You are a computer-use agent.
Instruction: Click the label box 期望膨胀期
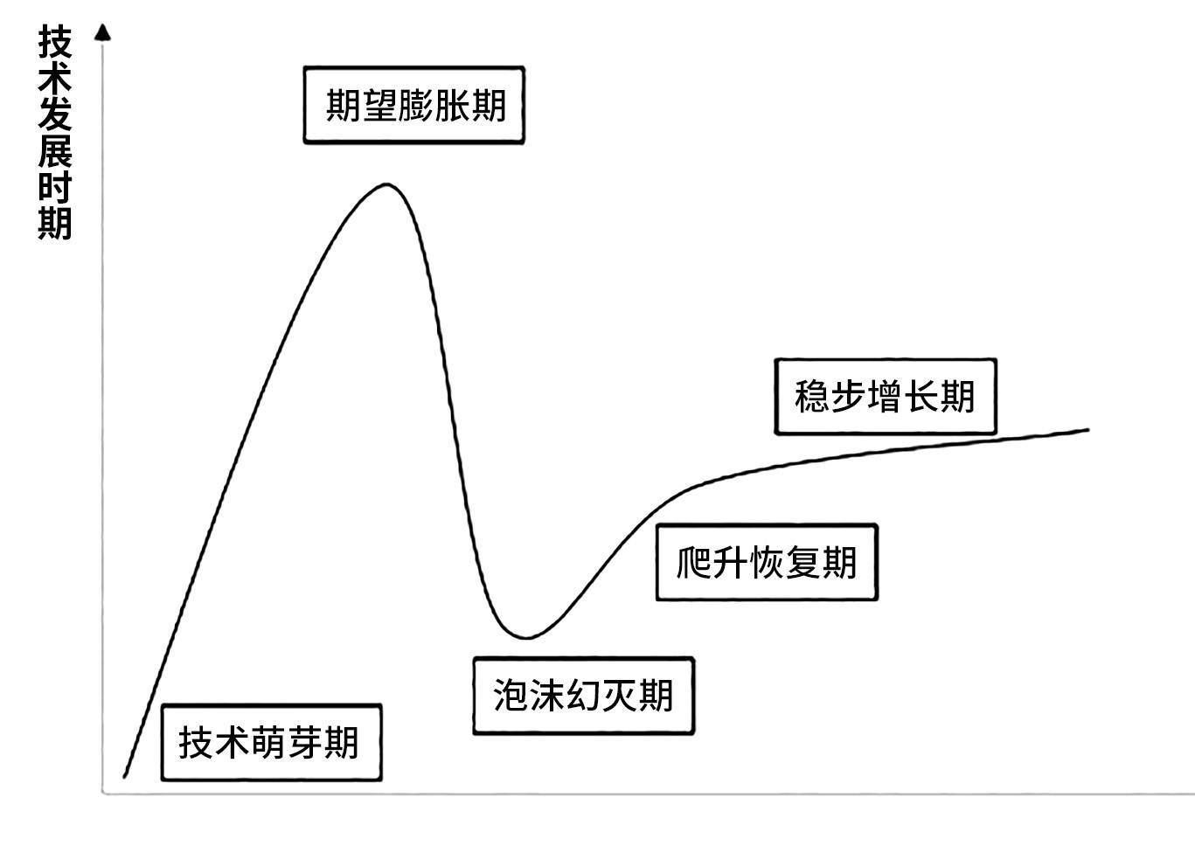(414, 105)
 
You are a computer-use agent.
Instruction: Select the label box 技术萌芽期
(271, 742)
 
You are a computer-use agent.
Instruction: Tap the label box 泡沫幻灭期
(583, 696)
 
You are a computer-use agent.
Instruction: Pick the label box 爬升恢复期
(766, 562)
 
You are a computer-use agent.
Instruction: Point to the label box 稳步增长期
(885, 396)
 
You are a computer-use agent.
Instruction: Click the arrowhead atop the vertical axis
(103, 32)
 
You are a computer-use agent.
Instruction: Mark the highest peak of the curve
(386, 184)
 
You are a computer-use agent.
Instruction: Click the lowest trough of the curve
(525, 637)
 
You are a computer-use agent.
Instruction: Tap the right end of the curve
(1088, 429)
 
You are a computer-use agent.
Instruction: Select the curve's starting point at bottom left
(125, 776)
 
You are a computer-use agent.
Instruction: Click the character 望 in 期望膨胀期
(379, 105)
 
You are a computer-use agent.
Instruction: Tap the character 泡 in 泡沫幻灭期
(511, 696)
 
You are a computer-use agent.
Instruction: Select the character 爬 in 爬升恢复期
(694, 562)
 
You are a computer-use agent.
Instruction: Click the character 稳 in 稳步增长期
(812, 396)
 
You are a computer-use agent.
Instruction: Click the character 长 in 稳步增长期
(921, 396)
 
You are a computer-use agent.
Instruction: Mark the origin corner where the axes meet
(104, 793)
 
